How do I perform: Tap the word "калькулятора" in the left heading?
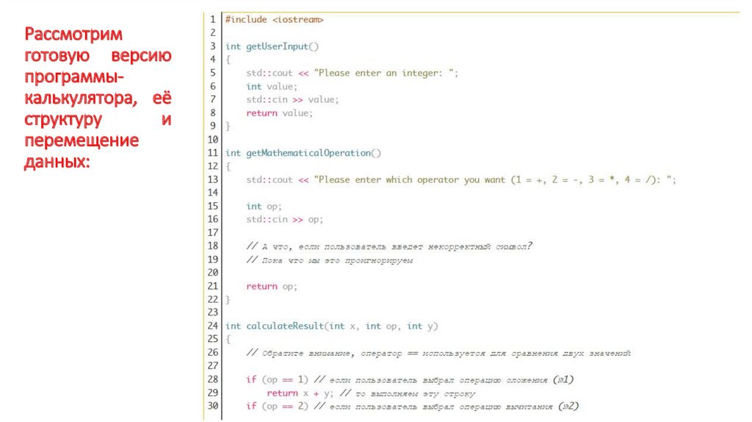coord(73,98)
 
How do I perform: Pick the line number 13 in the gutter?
coord(213,179)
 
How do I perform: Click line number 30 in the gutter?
coord(213,406)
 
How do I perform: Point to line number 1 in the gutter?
coord(213,20)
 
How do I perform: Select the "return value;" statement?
coord(280,112)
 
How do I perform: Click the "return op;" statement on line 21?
coord(272,286)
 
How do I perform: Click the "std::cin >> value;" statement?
coord(292,99)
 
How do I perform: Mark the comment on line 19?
coord(330,260)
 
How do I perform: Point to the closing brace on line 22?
coord(228,299)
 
